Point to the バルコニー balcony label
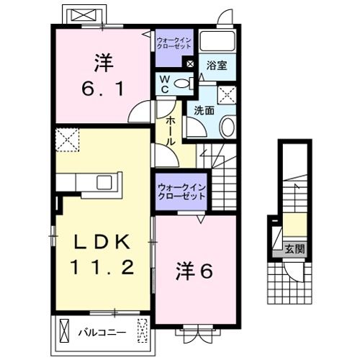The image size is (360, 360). (102, 333)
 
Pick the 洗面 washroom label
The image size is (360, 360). (204, 110)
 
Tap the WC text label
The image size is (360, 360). (165, 84)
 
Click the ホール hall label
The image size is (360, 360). (171, 132)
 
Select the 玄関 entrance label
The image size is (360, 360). (294, 250)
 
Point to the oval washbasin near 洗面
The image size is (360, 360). (227, 127)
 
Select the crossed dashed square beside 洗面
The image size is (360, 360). (227, 94)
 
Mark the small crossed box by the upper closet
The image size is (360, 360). (190, 63)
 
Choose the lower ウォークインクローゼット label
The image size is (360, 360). (181, 192)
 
